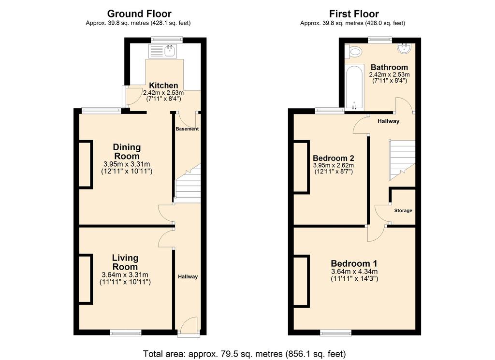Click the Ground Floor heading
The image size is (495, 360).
139,14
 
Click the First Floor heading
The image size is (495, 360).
354,14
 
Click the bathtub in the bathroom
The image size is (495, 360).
354,88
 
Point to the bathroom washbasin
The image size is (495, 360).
404,48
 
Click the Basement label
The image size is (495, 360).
187,129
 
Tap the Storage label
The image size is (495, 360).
403,211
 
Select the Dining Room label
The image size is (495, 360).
127,151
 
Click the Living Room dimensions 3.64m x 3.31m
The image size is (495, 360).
125,275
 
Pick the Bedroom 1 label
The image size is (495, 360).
354,263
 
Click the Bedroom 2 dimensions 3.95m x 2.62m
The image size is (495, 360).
334,165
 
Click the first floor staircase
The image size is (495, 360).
402,160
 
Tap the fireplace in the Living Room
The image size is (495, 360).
86,279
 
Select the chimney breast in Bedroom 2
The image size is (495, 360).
302,166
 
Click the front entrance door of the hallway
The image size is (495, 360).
189,327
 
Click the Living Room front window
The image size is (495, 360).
126,332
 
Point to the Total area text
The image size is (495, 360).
244,354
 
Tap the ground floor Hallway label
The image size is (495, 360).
188,277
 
